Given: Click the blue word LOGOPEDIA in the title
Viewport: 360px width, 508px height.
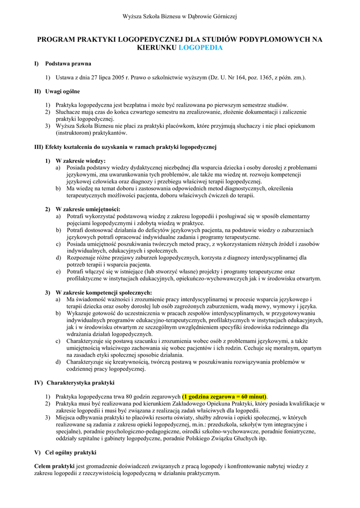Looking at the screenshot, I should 200,48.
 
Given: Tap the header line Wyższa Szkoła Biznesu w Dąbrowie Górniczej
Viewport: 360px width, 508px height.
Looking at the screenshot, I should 180,16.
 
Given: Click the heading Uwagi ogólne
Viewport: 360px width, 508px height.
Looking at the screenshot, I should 63,92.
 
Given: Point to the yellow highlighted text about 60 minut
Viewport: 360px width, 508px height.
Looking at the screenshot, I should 224,397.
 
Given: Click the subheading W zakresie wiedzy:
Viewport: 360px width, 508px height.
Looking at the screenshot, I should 80,161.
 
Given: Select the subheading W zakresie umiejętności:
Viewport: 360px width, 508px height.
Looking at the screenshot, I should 88,209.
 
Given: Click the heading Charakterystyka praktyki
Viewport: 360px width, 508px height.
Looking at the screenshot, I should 80,383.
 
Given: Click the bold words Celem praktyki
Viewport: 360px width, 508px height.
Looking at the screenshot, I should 54,466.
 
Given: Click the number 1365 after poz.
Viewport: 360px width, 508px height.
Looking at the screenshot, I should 252,78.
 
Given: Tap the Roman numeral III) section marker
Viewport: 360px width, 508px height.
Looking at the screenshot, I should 39,147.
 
